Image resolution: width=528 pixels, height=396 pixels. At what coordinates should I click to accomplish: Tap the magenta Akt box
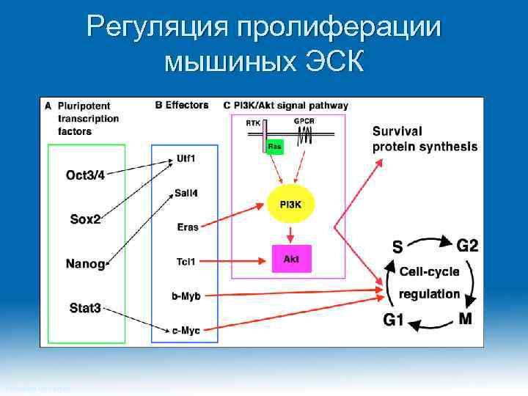(x=291, y=259)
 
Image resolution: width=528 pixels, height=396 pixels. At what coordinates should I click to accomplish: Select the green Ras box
(x=274, y=147)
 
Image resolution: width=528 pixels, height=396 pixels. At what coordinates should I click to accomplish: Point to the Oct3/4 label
(x=85, y=175)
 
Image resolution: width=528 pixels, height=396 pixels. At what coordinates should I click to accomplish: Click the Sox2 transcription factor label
(x=85, y=219)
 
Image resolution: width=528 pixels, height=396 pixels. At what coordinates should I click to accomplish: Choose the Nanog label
(x=85, y=263)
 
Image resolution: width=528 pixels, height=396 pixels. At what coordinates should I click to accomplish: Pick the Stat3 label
(x=85, y=308)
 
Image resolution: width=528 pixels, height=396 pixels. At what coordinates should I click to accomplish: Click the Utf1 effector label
(x=186, y=158)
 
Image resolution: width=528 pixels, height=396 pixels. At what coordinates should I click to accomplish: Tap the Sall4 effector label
(x=186, y=193)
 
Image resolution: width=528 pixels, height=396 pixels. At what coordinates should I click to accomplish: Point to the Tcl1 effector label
(x=186, y=261)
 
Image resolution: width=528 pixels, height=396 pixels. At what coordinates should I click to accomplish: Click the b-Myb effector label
(x=186, y=296)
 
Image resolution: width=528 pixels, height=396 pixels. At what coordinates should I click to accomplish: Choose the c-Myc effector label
(x=186, y=331)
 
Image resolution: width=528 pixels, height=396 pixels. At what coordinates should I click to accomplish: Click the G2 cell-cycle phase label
(x=468, y=243)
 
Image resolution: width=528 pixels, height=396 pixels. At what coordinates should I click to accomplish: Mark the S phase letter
(x=397, y=248)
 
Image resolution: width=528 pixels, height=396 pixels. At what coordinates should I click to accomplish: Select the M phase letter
(x=465, y=318)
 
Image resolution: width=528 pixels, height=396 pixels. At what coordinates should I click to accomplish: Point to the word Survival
(x=397, y=131)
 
